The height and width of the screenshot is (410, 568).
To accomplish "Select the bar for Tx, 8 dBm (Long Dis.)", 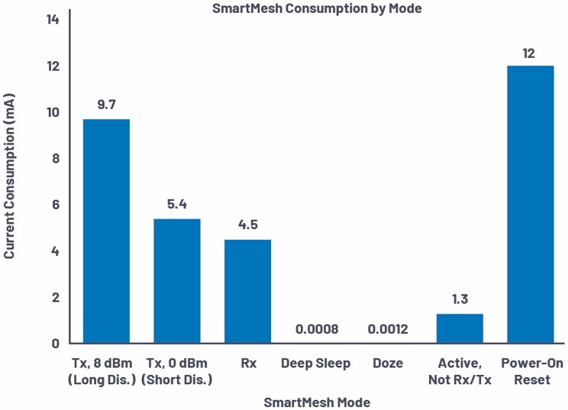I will click(x=106, y=231).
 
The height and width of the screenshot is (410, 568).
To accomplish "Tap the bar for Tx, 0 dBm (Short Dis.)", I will click(x=177, y=281).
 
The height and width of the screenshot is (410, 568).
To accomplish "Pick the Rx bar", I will click(x=247, y=291).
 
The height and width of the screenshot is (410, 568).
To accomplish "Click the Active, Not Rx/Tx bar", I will click(x=460, y=328).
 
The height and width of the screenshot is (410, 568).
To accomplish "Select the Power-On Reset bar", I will click(x=531, y=204).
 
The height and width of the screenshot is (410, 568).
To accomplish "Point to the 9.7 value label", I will click(x=106, y=105).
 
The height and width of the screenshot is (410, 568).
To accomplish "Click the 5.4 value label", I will click(x=177, y=205).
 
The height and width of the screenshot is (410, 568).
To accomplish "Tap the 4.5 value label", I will click(x=247, y=225).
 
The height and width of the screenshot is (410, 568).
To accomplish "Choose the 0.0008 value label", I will click(x=318, y=330).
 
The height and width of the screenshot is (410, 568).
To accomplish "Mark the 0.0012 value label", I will click(x=389, y=330).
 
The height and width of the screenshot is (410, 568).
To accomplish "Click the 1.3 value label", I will click(x=460, y=299).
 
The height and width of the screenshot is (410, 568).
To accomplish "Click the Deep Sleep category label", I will click(x=315, y=363).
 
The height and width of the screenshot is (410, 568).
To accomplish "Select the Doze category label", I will click(x=388, y=363).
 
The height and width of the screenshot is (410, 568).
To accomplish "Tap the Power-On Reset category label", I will click(x=532, y=371).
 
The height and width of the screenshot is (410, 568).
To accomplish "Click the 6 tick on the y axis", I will click(x=56, y=205).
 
